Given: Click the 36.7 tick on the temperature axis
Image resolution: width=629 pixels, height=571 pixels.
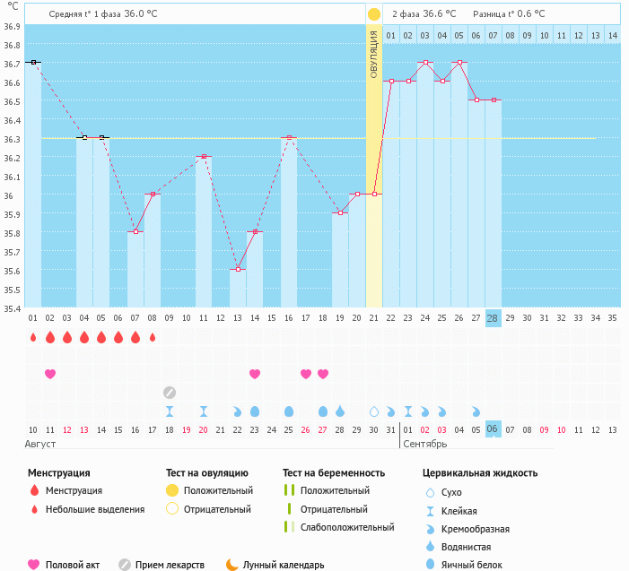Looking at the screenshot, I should point(12,64).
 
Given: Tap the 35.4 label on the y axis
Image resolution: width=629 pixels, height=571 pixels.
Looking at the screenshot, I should point(12,308).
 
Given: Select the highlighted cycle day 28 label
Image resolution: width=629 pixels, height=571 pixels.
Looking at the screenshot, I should point(493,318).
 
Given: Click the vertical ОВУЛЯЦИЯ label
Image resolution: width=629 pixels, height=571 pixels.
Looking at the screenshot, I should point(374,54).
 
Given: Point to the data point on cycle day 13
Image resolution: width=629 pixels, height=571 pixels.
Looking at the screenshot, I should point(237,269).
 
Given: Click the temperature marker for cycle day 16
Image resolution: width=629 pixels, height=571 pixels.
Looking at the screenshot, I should point(288,137).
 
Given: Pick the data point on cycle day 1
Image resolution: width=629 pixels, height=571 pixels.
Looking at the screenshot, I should point(32,62).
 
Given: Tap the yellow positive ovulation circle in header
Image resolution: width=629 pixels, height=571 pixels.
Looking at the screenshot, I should point(374,14).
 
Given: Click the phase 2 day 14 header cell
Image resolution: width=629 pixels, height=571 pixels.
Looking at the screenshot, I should point(612,35).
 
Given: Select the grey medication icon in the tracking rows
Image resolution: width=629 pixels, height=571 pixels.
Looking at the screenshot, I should point(169,392).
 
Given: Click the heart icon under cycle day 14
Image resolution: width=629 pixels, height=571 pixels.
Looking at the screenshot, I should point(254,373).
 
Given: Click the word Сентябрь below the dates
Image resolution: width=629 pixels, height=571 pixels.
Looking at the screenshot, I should point(426,445).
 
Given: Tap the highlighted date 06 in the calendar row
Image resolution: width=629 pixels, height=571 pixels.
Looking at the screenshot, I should point(493,429).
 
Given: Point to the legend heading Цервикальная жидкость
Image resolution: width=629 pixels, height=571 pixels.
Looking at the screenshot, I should point(480,472).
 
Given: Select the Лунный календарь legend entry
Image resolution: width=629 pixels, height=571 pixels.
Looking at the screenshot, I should point(274,565).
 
